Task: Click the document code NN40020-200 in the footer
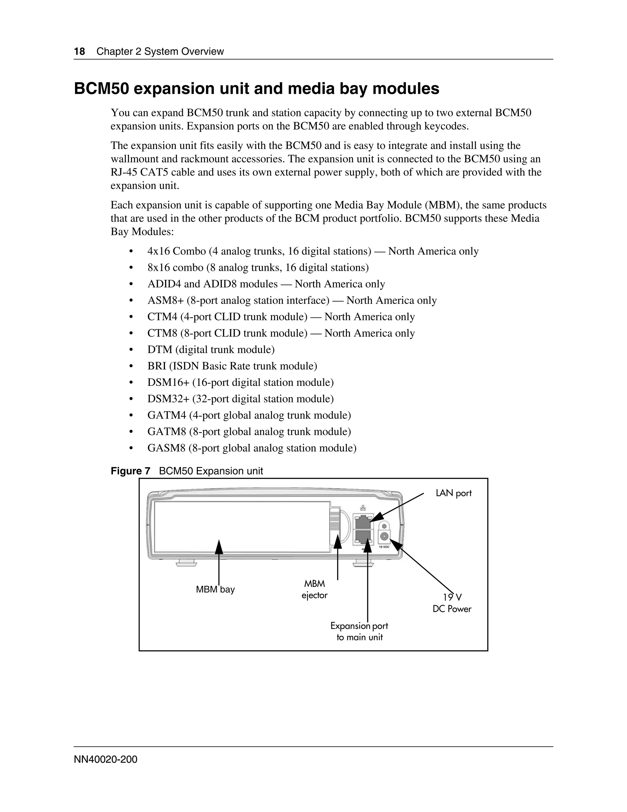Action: [106, 759]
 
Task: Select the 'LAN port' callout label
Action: [453, 493]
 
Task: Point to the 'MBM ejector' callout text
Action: [315, 590]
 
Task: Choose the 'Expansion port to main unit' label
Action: [359, 631]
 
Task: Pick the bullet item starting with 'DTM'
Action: [211, 350]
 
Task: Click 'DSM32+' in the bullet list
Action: [168, 399]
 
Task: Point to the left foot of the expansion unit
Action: [186, 563]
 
